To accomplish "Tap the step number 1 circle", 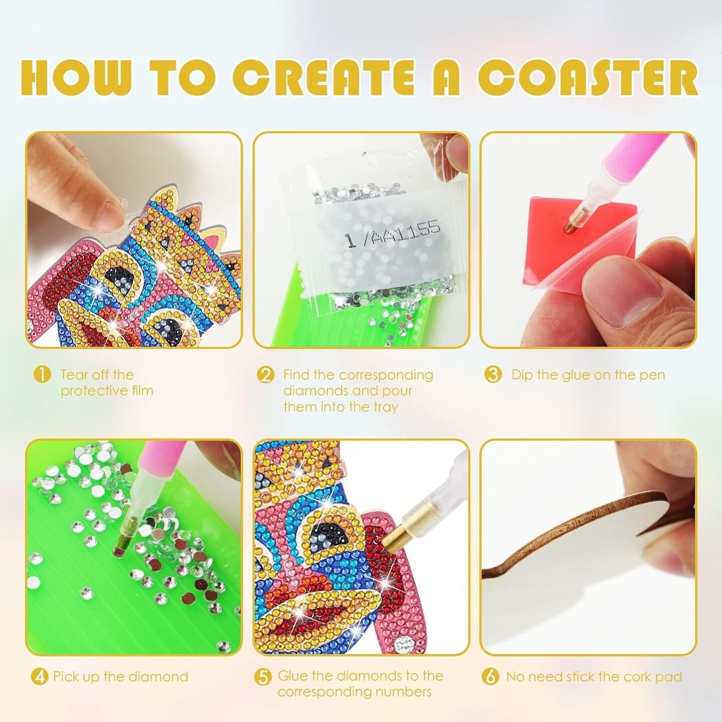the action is tap(42, 375).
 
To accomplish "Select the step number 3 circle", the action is tap(492, 375).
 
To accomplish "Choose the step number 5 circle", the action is tap(263, 677).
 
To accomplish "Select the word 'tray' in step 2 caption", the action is tap(385, 407).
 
